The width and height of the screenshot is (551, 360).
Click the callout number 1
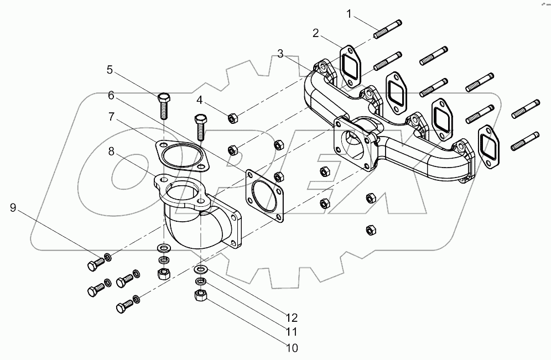point(349,13)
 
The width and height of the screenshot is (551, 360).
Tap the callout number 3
point(280,54)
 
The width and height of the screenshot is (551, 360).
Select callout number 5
point(110,70)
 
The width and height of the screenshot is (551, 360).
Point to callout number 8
point(111,151)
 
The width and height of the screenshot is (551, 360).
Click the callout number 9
point(13,208)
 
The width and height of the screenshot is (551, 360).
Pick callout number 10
point(292,348)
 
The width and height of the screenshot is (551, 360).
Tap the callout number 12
point(292,317)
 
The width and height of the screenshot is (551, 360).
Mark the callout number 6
point(111,95)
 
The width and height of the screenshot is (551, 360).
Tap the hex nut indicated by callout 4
point(233,117)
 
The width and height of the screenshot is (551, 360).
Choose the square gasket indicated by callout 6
point(264,194)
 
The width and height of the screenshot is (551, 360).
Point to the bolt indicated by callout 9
point(95,264)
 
